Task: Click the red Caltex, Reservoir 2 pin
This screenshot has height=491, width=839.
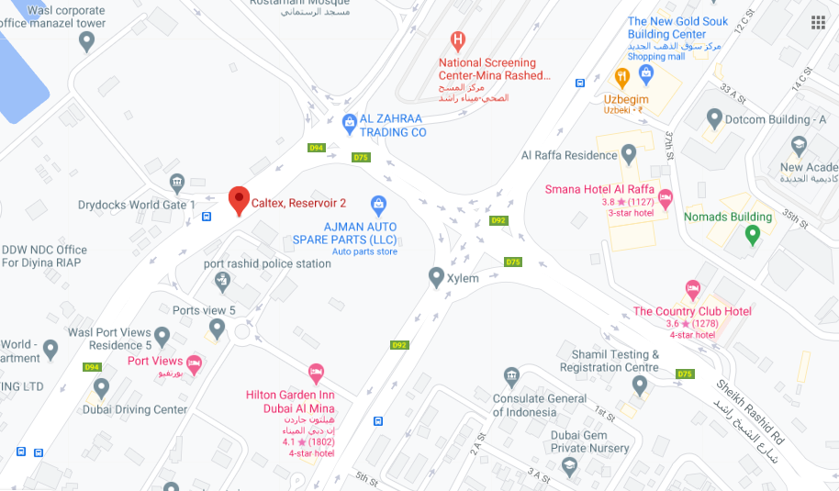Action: click(239, 199)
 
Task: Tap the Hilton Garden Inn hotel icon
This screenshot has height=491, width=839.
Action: click(316, 374)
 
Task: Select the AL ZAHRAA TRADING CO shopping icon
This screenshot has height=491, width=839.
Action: click(349, 121)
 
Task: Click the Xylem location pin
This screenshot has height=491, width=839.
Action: click(437, 276)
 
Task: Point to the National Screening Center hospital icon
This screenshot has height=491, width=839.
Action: click(456, 40)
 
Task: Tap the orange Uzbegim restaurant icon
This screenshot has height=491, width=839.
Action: click(621, 76)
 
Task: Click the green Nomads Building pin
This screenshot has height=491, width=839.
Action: click(753, 235)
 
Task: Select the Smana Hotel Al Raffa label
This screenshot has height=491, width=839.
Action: click(598, 190)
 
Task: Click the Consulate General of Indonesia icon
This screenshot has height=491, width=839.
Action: click(511, 376)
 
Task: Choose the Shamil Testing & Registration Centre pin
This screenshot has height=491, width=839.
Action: click(640, 385)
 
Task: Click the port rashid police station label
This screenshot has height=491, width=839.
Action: click(267, 264)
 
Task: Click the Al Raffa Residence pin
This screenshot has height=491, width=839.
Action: click(629, 154)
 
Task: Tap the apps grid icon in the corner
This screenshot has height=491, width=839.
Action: click(817, 23)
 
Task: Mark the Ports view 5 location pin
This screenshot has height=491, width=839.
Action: click(217, 328)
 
